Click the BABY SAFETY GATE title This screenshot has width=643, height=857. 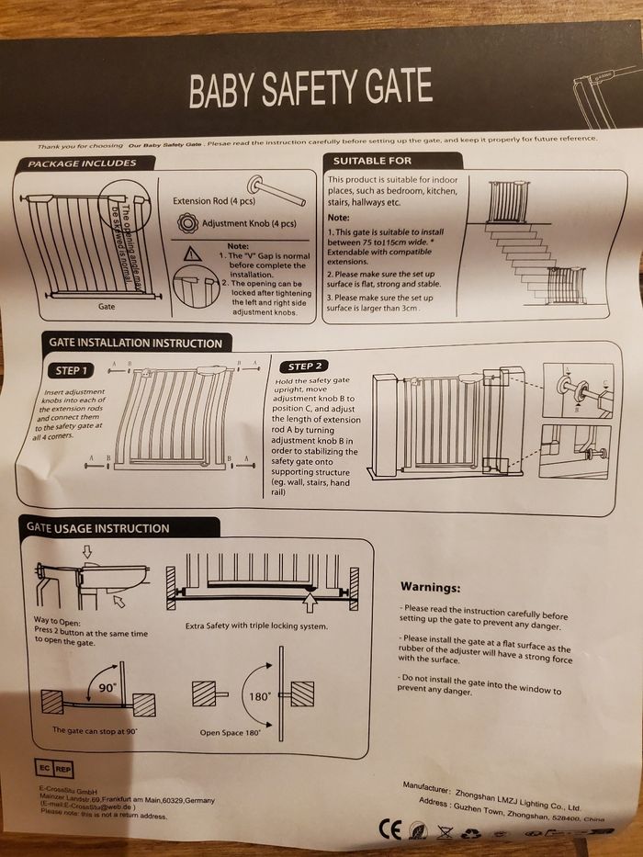[310, 88]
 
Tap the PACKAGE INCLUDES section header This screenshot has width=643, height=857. [82, 164]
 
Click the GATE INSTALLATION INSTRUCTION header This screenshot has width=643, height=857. [135, 344]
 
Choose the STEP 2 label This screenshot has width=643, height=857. [306, 366]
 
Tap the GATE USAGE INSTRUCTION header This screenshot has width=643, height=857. [98, 528]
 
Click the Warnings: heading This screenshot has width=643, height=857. [430, 587]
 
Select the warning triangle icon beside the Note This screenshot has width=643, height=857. [192, 254]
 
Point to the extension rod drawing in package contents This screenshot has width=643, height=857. [276, 190]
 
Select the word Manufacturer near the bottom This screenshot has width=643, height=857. [426, 789]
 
